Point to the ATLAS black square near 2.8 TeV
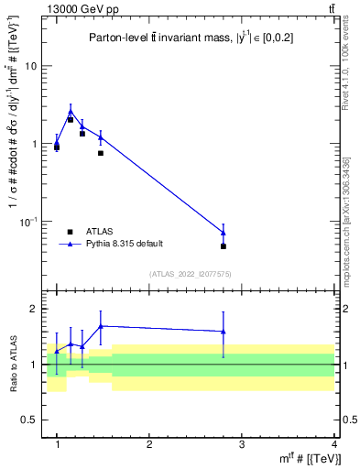(224, 246)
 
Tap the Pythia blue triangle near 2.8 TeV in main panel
(224, 233)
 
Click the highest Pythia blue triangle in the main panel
(71, 112)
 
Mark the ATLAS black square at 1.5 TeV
(101, 153)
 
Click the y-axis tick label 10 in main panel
(32, 67)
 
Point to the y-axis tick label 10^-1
(30, 222)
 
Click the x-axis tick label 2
(149, 443)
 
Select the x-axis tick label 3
(242, 443)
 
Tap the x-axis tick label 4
(334, 443)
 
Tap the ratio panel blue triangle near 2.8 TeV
(224, 332)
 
